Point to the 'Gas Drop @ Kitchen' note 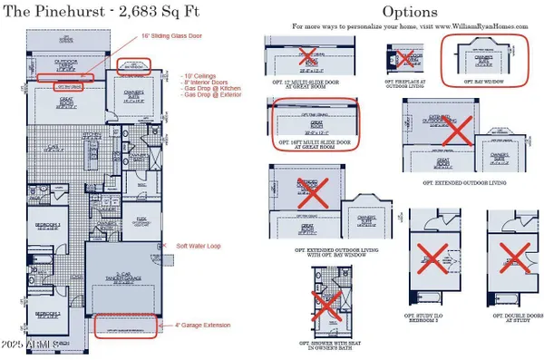coord(205,88)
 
